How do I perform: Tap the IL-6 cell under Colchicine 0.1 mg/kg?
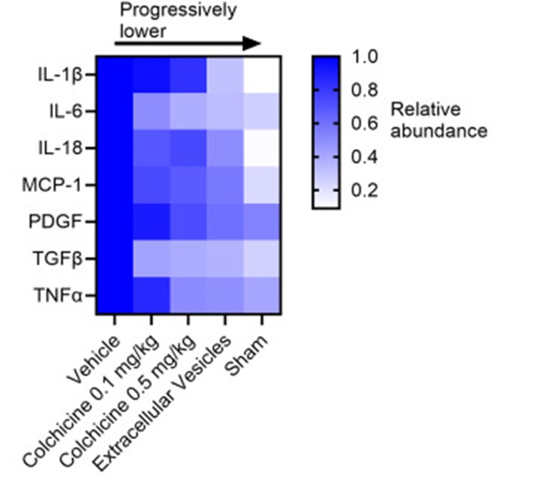(151, 111)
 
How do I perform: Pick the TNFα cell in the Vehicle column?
(114, 295)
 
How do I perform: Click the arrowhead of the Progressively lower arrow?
(251, 43)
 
